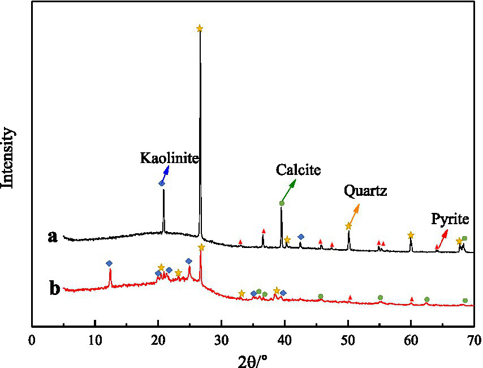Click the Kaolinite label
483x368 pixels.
[x=170, y=158]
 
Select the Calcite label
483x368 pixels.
[x=299, y=169]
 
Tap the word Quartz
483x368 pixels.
[x=365, y=191]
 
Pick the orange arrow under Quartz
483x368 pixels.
[x=353, y=215]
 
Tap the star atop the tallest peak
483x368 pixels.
[x=199, y=28]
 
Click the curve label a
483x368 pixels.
[x=53, y=237]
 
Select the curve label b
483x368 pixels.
[x=54, y=288]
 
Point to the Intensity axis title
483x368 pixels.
[x=9, y=157]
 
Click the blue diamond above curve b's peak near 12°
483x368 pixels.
[x=109, y=263]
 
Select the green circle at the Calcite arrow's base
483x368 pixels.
[x=282, y=203]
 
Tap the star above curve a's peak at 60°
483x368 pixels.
[x=411, y=234]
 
